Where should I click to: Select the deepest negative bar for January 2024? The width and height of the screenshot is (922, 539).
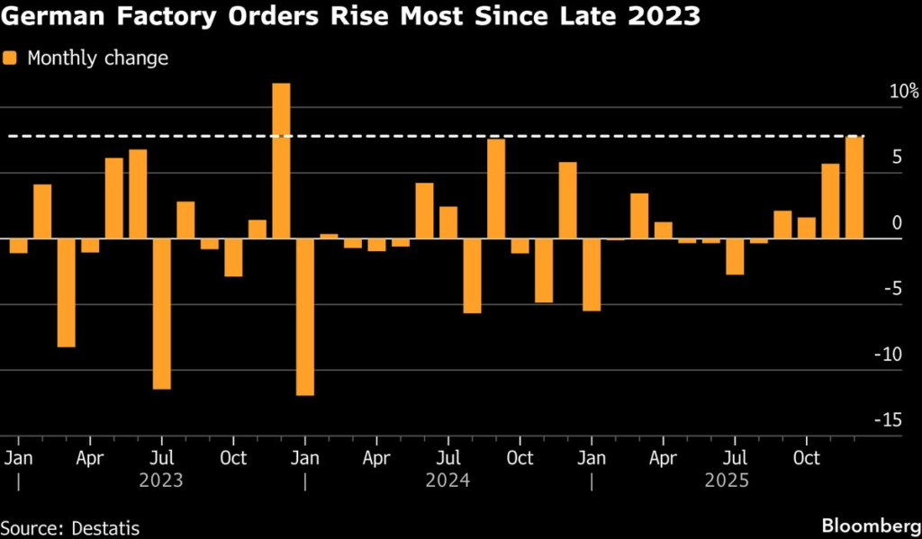point(305,317)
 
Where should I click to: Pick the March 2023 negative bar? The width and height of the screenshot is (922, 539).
point(67,292)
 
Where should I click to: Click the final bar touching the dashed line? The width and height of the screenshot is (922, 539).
point(854,187)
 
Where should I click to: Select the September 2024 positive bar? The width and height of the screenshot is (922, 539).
point(496,189)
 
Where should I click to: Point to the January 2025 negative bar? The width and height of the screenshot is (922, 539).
point(592,274)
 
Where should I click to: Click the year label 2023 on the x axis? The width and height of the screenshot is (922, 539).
point(161,481)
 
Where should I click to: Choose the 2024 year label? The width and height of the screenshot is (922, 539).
point(447,481)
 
